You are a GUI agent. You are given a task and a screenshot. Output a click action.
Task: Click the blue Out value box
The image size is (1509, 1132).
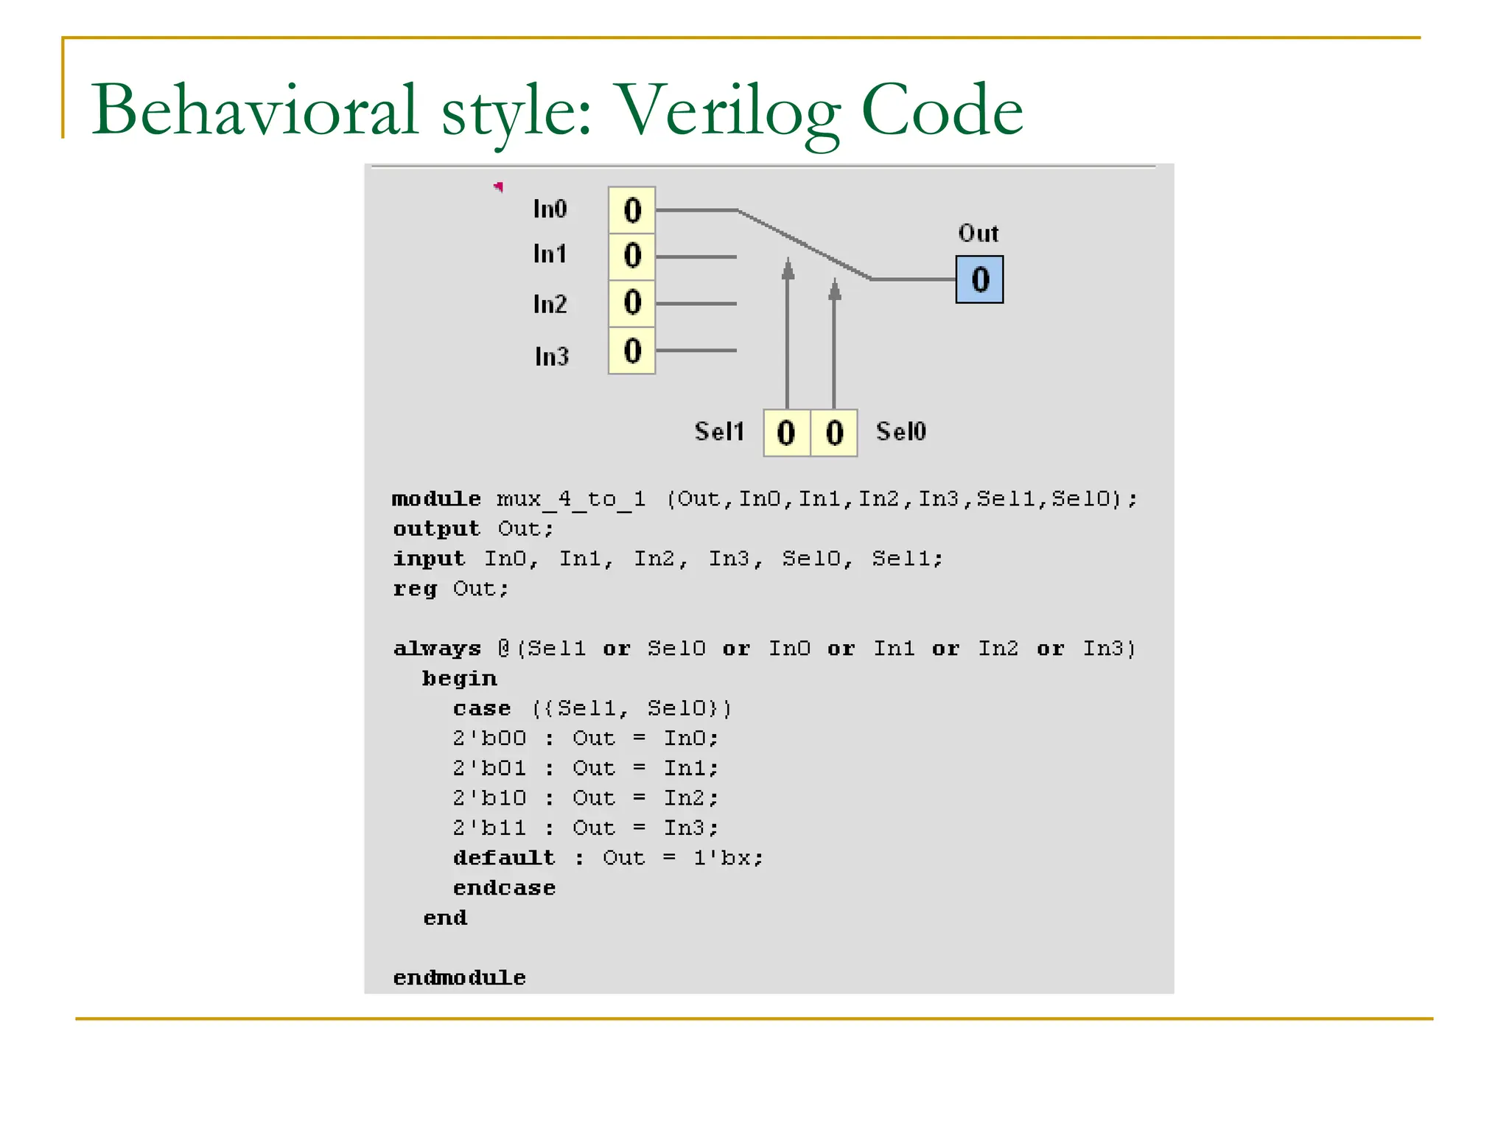(x=979, y=279)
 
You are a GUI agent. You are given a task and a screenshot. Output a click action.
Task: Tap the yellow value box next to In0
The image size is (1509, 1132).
(x=632, y=211)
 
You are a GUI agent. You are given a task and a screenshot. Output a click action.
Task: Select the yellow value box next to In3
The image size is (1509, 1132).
(x=632, y=351)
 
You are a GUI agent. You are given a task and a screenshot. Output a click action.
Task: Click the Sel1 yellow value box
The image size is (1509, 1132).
(x=786, y=433)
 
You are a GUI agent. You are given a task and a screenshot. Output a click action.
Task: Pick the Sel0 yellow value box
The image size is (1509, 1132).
(x=834, y=433)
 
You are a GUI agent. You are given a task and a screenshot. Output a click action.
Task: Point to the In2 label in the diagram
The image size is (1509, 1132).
(x=550, y=304)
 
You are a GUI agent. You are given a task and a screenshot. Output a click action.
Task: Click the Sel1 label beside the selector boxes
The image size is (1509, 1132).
(x=719, y=431)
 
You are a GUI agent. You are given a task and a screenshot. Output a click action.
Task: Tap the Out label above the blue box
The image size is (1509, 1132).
(x=978, y=234)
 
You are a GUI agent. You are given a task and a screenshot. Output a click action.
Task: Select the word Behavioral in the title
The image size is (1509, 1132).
(x=255, y=111)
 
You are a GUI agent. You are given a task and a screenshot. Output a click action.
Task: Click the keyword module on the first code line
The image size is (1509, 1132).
(x=436, y=499)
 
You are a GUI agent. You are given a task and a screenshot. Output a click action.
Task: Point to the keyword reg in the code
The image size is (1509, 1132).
(x=415, y=589)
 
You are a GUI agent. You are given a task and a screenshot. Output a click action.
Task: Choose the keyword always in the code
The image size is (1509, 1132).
(x=437, y=649)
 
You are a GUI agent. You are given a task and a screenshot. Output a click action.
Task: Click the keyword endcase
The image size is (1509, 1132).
(x=504, y=888)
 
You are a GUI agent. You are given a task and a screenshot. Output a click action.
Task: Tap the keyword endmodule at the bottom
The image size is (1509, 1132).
(x=459, y=978)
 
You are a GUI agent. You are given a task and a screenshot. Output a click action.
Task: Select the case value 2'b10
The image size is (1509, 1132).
(x=489, y=798)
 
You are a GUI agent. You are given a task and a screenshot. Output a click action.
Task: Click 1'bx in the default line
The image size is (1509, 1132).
(x=727, y=858)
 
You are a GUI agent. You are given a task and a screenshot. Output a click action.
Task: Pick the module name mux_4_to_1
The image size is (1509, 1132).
(x=571, y=500)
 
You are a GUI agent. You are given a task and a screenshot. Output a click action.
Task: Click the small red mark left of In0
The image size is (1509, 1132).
(x=499, y=186)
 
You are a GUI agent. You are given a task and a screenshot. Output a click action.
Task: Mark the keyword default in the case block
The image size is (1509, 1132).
(x=504, y=858)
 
